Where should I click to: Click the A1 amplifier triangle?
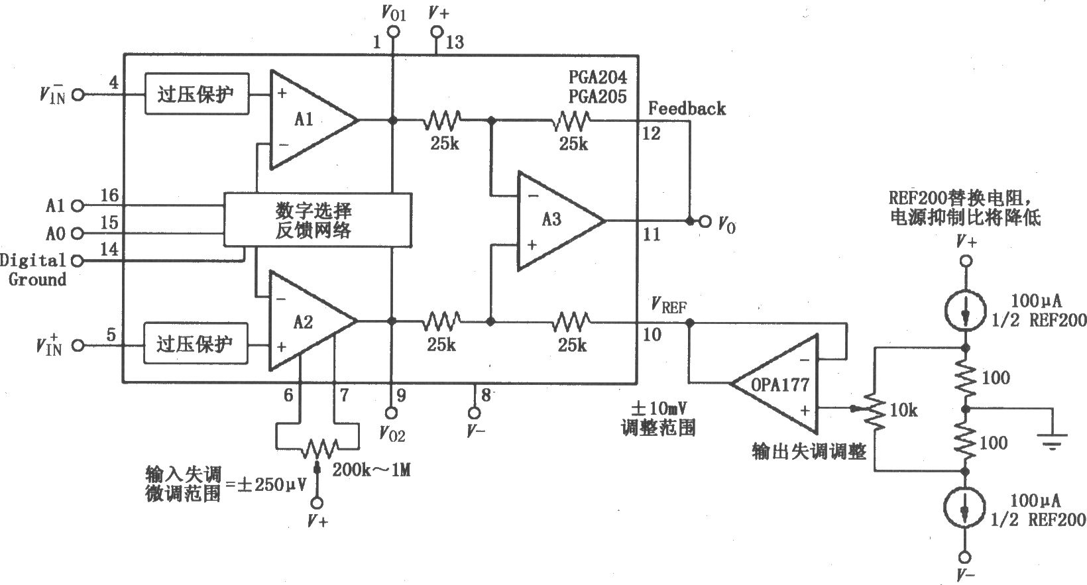(308, 120)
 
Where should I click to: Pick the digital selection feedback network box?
(317, 220)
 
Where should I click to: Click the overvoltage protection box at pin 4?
(197, 94)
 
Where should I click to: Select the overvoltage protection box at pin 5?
(196, 344)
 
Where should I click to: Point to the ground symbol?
(1051, 439)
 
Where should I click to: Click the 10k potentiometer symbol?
(876, 411)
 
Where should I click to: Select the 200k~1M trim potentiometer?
(316, 449)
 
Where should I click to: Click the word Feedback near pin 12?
(687, 108)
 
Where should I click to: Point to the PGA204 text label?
(597, 78)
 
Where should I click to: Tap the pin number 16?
(109, 195)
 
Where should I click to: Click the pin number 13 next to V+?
(455, 43)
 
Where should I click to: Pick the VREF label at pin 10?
(669, 306)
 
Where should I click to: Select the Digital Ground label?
(34, 270)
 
